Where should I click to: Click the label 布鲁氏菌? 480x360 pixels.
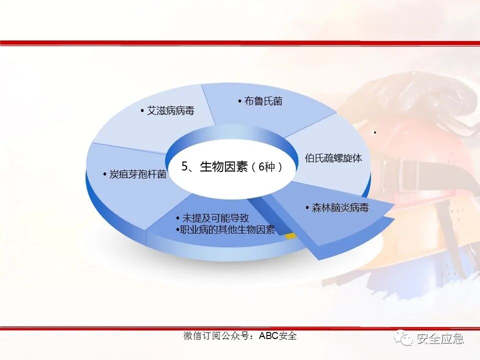(x=263, y=101)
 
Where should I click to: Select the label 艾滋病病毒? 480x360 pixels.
(x=170, y=111)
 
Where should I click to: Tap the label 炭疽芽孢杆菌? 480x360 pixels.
(x=138, y=174)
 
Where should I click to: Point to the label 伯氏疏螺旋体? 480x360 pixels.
(x=333, y=158)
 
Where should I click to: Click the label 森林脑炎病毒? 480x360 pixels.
(x=340, y=208)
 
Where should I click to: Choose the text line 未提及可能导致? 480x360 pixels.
(x=215, y=218)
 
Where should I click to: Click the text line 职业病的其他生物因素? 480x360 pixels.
(x=227, y=230)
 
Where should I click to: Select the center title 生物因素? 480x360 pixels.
(x=223, y=167)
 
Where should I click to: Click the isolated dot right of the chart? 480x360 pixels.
(x=374, y=132)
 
